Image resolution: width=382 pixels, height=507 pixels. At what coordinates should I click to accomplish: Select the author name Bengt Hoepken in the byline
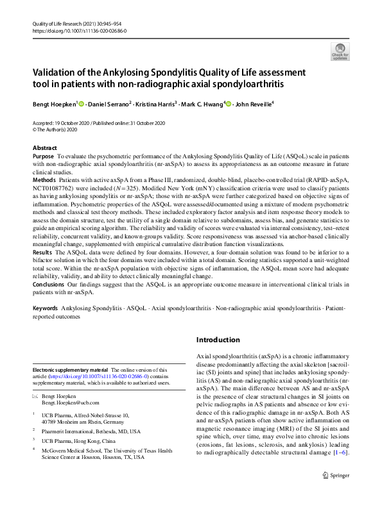tap(54, 104)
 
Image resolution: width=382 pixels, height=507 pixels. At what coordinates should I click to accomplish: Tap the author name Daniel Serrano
tap(109, 104)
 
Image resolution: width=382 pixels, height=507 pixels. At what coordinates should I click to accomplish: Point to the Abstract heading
tap(44, 148)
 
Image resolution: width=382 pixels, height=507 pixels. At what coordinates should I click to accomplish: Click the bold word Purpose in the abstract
tap(43, 156)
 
